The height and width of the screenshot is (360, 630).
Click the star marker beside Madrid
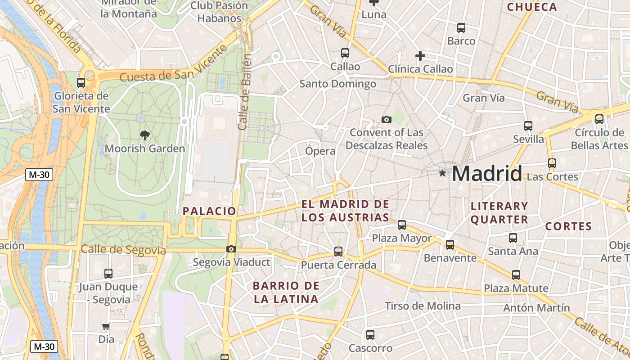442,173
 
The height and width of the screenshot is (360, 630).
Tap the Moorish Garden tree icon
144,135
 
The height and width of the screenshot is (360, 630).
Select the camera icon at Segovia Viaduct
231,249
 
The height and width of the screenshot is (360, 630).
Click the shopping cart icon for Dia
106,326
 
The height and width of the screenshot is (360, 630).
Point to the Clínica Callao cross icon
420,56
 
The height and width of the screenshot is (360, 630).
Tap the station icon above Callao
345,53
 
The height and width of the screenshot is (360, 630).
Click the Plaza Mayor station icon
402,225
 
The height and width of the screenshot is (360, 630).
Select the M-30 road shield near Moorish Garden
39,175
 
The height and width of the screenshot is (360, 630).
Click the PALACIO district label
209,211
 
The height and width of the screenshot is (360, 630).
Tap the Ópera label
320,151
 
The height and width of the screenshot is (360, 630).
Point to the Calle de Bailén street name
244,92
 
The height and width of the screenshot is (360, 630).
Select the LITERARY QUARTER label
499,213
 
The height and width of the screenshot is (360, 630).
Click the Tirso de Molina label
423,306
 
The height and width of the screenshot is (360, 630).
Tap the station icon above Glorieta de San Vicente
81,83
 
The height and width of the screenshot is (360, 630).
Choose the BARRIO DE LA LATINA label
286,292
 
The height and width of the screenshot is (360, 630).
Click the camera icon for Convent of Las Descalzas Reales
386,119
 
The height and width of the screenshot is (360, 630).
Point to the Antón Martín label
536,308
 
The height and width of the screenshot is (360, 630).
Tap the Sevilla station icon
528,126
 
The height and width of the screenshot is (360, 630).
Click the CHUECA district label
532,7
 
